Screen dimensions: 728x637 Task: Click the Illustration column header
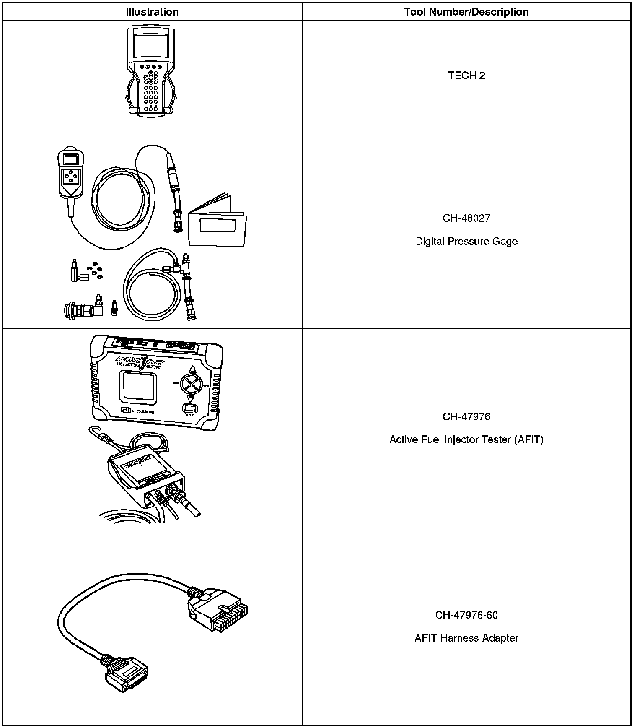[152, 12]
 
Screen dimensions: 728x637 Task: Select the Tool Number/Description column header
[466, 12]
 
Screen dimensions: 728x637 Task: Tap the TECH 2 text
[466, 75]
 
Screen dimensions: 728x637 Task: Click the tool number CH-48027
[466, 218]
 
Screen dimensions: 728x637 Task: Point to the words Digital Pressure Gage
[466, 242]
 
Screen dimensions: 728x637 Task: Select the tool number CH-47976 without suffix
[466, 416]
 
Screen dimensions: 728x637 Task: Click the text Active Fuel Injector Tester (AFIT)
[466, 439]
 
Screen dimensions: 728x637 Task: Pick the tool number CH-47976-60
[466, 615]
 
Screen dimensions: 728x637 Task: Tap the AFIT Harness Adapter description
[466, 638]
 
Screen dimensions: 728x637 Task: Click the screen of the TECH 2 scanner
[150, 46]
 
